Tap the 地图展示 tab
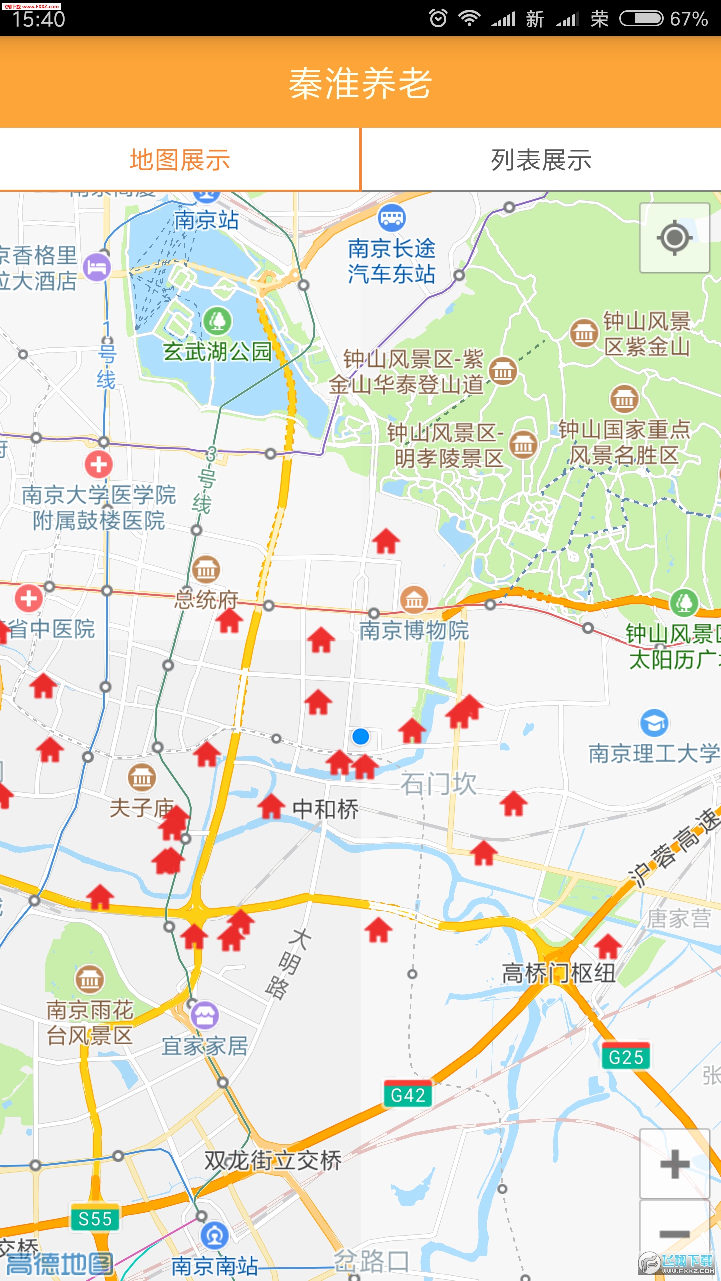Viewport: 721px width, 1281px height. [180, 160]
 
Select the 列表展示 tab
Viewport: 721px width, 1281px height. [541, 160]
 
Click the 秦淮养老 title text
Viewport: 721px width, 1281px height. [360, 83]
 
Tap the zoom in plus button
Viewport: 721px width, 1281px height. [674, 1164]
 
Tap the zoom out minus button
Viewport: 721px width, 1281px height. [674, 1234]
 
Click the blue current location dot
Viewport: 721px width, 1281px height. [360, 737]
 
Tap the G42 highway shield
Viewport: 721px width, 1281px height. [408, 1095]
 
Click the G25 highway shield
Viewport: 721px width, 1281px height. [626, 1057]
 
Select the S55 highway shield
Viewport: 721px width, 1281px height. [95, 1219]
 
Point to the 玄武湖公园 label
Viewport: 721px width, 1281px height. [217, 351]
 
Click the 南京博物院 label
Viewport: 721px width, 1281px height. [414, 630]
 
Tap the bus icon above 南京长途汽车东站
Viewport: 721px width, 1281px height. [391, 218]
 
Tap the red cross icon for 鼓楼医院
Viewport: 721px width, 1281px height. [99, 464]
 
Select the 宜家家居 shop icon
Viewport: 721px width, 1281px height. [204, 1015]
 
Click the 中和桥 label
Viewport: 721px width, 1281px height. [326, 809]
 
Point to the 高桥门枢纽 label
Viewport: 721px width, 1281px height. [559, 973]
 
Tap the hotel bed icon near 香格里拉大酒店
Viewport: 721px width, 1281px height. [97, 267]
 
